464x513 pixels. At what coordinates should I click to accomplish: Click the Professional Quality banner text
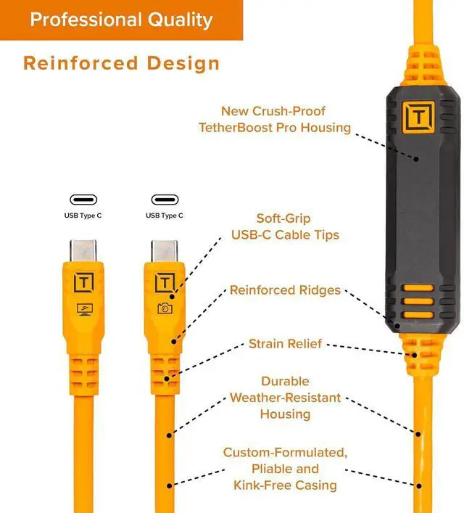click(121, 20)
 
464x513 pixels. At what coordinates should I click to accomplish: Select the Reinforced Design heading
click(121, 62)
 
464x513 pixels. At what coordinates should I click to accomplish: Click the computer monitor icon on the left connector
click(85, 308)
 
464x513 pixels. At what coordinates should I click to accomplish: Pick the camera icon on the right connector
click(165, 308)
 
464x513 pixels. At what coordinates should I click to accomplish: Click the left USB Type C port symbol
click(83, 200)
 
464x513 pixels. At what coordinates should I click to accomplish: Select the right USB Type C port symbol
click(165, 200)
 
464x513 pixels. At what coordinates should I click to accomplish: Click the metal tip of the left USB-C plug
click(84, 251)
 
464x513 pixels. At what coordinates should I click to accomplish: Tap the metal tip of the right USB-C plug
click(165, 251)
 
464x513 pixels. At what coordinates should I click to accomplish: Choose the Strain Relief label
click(285, 343)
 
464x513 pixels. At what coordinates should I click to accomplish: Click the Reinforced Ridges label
click(285, 290)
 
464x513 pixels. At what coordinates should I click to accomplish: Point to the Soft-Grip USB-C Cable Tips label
click(285, 226)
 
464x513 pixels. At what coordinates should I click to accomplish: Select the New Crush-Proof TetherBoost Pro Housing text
click(274, 120)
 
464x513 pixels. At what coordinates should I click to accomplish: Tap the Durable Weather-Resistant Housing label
click(285, 398)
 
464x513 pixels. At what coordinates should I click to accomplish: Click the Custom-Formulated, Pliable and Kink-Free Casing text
click(285, 468)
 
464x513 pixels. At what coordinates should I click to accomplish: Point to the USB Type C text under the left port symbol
click(83, 216)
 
